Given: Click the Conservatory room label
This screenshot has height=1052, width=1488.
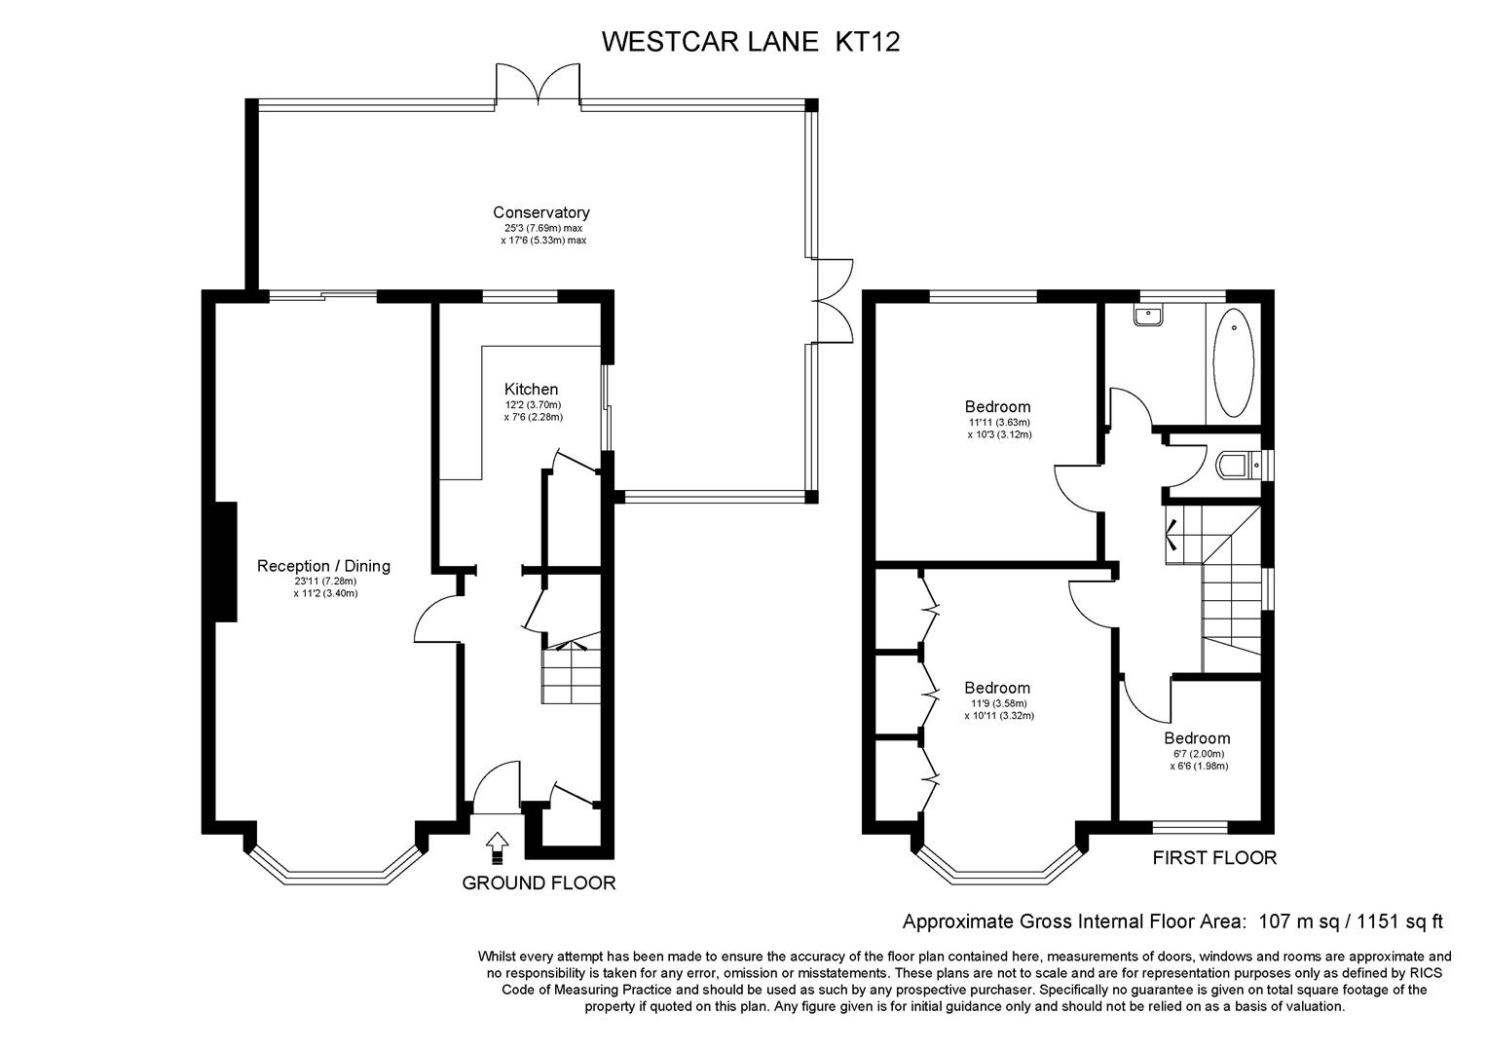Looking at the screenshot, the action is (540, 212).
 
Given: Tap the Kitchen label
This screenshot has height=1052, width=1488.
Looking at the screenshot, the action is (531, 390).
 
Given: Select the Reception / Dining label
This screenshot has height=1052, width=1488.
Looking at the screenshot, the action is (323, 566).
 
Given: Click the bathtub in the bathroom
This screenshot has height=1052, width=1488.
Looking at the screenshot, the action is (1234, 363).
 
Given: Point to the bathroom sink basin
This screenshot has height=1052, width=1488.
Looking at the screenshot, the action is (1148, 318).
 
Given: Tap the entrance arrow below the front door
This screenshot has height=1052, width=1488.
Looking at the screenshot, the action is (497, 848).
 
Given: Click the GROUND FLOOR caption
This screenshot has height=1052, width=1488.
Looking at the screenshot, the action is (539, 883).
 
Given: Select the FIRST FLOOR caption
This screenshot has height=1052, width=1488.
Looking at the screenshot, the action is (1214, 858).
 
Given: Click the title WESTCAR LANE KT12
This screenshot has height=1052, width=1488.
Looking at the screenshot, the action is (751, 42).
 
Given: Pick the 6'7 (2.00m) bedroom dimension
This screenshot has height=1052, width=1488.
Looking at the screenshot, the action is (1199, 754).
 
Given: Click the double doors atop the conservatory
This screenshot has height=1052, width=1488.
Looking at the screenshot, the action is (539, 85).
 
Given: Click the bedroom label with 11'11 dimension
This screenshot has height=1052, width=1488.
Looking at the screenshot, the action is (997, 407).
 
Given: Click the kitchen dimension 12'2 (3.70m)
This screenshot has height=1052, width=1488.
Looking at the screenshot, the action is (533, 404).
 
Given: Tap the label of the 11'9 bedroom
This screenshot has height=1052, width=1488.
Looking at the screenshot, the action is (997, 688).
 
